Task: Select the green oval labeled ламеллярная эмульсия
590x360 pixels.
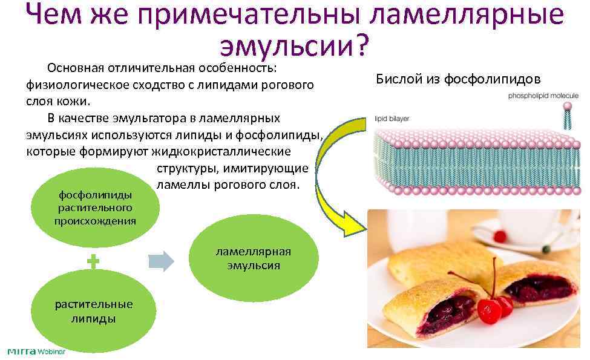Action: [x=254, y=258]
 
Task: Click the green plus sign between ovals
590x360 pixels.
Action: [x=93, y=261]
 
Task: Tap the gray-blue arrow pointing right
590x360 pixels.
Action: [x=161, y=261]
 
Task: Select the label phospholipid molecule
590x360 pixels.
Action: [x=543, y=96]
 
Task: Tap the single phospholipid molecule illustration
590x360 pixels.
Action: [x=568, y=115]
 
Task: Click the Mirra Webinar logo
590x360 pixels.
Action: [x=36, y=352]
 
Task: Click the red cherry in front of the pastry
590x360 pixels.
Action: [x=488, y=310]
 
